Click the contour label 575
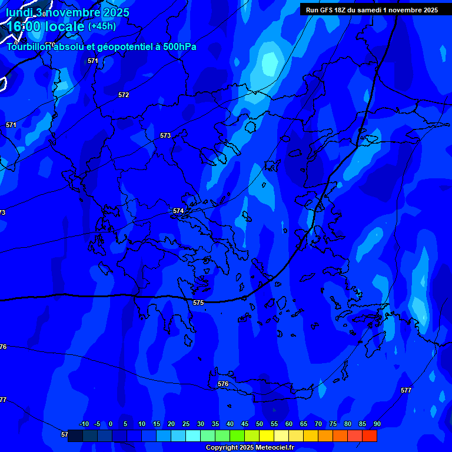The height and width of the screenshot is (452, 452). coord(198,303)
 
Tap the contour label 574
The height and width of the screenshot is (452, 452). coord(178,211)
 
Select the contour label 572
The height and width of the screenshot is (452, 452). coord(124,95)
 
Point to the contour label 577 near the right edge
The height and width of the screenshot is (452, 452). coord(406,390)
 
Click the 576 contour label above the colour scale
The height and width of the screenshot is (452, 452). coord(223,384)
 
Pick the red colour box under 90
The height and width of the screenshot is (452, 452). coord(370,436)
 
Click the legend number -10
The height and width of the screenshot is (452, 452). coord(84,424)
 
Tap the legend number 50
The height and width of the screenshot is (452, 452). coord(259,424)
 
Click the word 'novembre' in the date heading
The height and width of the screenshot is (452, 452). coord(74,12)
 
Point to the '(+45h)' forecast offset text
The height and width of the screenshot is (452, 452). coord(102,26)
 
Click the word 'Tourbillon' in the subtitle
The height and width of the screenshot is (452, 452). coord(28,47)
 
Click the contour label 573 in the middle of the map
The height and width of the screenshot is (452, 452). coord(165,135)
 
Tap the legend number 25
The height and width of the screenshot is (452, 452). coord(185,424)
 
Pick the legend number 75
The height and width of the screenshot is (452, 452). coord(333,424)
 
